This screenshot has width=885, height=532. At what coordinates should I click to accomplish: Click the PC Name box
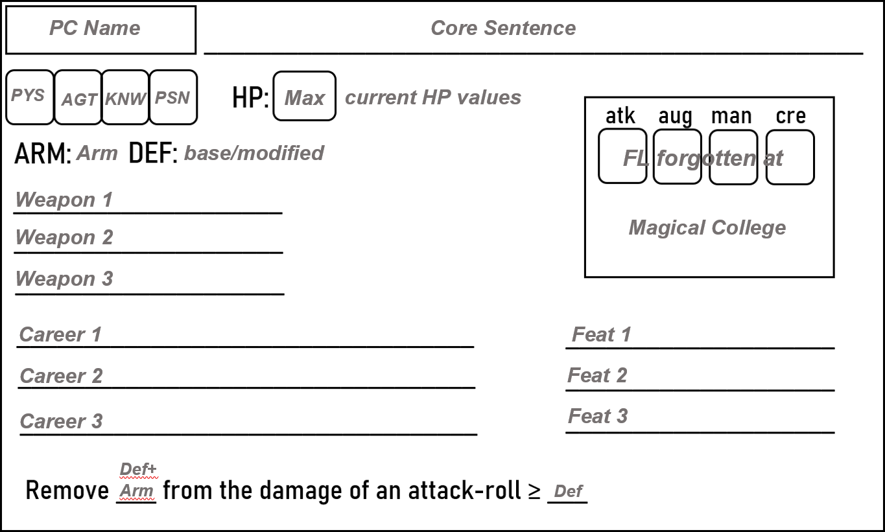(100, 30)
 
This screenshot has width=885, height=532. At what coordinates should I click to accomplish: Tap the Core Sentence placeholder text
(503, 28)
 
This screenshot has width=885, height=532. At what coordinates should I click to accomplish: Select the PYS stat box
(29, 97)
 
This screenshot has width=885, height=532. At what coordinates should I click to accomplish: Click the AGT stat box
(78, 98)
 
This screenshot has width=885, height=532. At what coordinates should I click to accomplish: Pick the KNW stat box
(126, 98)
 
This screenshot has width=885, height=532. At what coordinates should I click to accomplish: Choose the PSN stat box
(173, 98)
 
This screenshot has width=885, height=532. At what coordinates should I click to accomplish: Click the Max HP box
(304, 97)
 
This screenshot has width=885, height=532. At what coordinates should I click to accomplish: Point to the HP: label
(250, 98)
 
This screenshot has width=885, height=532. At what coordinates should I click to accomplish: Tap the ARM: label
(43, 155)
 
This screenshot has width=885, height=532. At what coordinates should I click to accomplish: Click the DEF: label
(153, 154)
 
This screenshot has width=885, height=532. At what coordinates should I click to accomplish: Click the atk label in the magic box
(620, 116)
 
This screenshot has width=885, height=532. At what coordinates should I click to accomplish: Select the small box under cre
(790, 157)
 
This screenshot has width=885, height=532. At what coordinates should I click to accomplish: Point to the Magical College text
(707, 227)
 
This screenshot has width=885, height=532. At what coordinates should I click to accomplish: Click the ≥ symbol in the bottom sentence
(534, 491)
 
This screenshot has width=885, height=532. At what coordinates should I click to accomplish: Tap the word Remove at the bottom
(67, 491)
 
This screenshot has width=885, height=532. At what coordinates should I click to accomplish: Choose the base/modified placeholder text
(254, 153)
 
